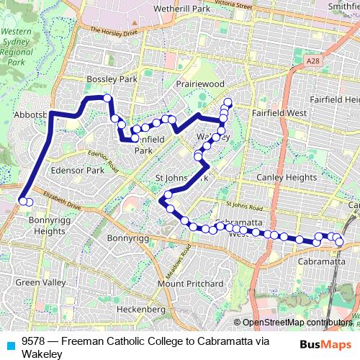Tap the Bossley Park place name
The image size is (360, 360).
pos(111,78)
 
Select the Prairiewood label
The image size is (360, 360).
pos(200,84)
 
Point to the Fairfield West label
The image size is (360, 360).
pos(279,113)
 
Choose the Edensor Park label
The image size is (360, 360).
pos(78,171)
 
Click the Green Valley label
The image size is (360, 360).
pos(40,282)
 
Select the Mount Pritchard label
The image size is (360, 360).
pos(191,283)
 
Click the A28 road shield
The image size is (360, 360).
pos(312,63)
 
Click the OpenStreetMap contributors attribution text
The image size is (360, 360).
pos(295,323)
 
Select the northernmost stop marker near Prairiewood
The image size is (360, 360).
pos(228,102)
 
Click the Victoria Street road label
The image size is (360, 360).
pos(235,5)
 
